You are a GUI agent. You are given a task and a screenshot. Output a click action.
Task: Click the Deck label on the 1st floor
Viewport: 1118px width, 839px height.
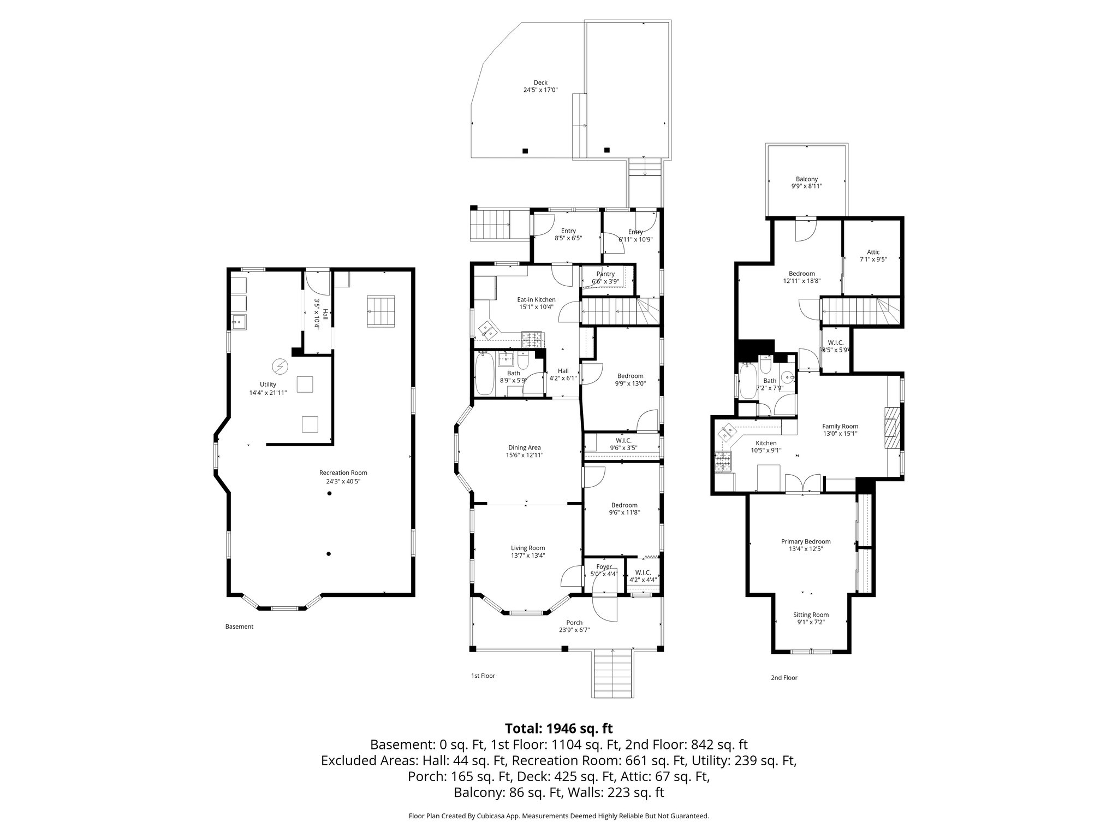540,82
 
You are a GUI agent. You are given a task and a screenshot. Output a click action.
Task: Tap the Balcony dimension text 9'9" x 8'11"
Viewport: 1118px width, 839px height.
806,186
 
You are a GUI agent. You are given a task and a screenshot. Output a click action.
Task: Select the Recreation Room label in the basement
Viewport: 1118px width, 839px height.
343,472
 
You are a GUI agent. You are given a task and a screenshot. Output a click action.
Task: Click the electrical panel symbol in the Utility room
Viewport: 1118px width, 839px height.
279,365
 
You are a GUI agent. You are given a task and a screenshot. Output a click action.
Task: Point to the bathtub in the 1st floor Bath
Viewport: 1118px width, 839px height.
484,374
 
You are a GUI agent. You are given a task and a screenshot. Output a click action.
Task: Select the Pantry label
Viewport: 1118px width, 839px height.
605,274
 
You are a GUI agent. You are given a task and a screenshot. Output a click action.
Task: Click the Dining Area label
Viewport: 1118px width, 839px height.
524,447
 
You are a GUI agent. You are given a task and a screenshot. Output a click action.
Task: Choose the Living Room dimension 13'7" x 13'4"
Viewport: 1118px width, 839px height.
527,556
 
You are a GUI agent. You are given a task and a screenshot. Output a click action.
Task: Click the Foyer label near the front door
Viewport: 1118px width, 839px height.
604,566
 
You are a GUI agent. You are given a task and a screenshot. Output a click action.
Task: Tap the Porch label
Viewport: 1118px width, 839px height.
574,622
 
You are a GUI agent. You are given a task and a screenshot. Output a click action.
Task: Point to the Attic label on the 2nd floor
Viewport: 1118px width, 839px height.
873,252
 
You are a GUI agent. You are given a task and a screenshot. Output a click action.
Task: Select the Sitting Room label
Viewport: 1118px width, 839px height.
811,615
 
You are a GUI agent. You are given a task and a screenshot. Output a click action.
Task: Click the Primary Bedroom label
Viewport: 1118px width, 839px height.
805,541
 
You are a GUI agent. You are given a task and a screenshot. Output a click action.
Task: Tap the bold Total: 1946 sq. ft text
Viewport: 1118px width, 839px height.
558,728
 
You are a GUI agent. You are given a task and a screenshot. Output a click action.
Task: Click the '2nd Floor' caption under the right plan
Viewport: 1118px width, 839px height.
783,677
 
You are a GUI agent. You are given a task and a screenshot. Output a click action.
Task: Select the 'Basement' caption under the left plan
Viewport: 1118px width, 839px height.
239,627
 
